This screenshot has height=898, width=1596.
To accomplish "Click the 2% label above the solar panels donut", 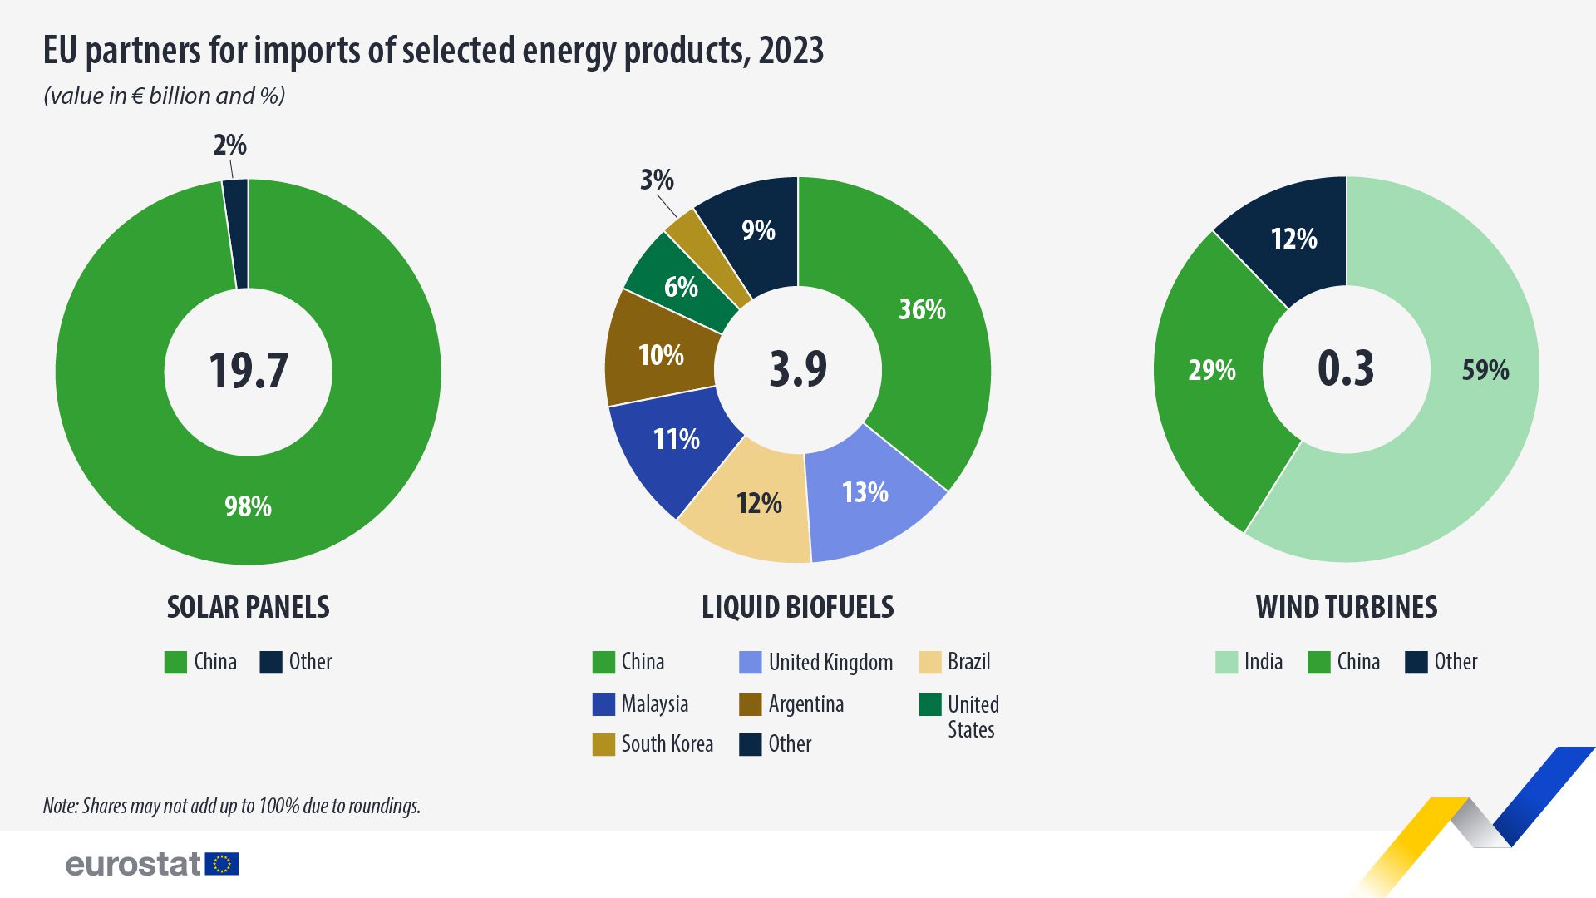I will pos(229,146).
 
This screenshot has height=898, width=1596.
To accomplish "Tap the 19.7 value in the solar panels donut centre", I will pos(248,371).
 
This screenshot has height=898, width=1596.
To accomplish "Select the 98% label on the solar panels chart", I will pos(248,506).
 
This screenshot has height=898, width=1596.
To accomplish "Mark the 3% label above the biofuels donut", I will pos(657,180).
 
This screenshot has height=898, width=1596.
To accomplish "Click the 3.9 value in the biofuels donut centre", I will pos(798,369).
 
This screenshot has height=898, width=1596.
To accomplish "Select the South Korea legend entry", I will pos(653,744).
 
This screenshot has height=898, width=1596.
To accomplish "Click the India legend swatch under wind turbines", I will pos(1226,662).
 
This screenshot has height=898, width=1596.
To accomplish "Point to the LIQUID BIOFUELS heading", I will pos(797,607).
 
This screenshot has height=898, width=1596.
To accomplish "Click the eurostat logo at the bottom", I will pos(152,864).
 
